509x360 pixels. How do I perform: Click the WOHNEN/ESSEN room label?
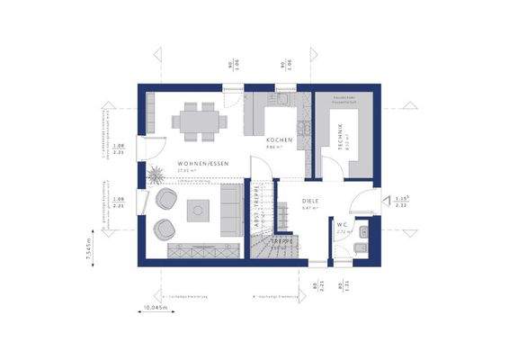click(203, 163)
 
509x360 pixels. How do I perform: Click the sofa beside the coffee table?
click(230, 211)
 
